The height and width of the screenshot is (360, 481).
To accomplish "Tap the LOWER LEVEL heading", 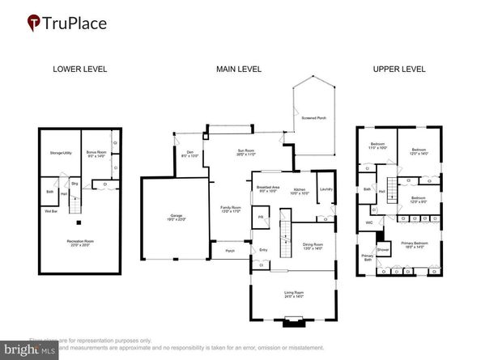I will pos(79,70).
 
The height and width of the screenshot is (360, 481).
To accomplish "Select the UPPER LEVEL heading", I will pos(399,70).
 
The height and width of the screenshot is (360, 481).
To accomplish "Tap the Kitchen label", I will pos(300,191).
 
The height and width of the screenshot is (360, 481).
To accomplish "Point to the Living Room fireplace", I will pos(291,324).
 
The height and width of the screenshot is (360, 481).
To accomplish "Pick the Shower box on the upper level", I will pos(383,250).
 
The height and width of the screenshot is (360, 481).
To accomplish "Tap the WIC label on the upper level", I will pos(369,221).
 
